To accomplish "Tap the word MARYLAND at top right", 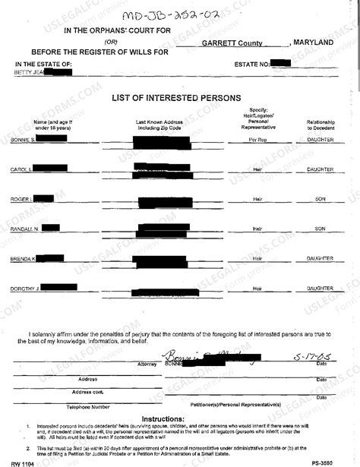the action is point(314,43).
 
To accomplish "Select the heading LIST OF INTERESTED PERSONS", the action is point(176,98).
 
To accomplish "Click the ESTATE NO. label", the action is point(253,64).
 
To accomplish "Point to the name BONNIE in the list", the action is point(21,140).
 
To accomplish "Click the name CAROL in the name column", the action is point(20,169).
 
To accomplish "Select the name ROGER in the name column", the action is point(20,199).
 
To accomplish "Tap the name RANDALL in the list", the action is point(22,229).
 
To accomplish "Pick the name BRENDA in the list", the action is point(21,259).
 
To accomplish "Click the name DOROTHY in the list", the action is point(23,289).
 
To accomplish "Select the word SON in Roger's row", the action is point(320,199).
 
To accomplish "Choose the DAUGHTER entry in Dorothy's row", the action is point(320,289).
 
